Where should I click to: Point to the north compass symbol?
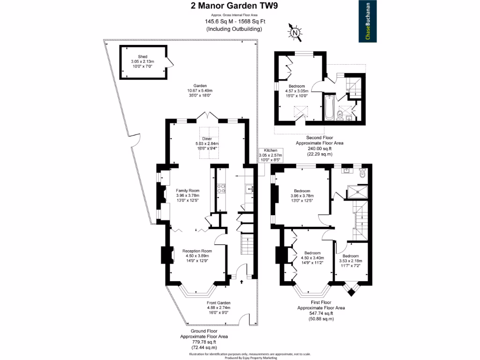click(294, 32)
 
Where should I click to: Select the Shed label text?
click(142, 61)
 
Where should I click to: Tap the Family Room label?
click(187, 195)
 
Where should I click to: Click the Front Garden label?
click(218, 307)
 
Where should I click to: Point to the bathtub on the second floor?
click(328, 107)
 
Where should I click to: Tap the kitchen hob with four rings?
click(221, 188)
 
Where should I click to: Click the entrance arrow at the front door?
click(242, 282)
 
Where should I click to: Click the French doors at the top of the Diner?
click(207, 116)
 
